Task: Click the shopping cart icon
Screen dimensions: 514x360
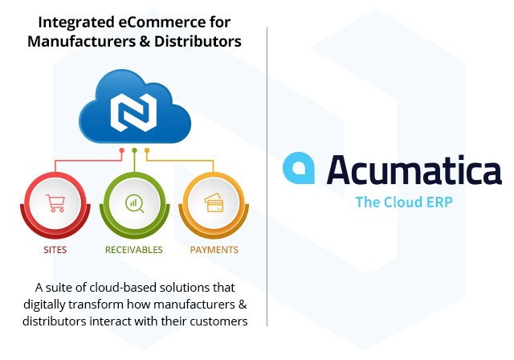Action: coord(55,203)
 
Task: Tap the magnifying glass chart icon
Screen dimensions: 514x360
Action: coord(134,203)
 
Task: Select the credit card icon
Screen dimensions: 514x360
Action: coord(214,203)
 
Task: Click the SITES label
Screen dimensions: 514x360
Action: coord(55,250)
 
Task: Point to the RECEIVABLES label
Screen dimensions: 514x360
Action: coord(134,250)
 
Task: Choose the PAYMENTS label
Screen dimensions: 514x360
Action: coord(214,250)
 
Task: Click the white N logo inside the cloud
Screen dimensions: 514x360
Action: coord(134,112)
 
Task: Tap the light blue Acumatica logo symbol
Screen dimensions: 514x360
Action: coord(299,168)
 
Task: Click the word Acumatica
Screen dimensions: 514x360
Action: coord(414,170)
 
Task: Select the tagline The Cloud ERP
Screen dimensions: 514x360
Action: coord(404,202)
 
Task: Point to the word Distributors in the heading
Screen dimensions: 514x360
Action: coord(198,41)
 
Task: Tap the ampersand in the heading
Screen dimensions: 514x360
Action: coord(143,41)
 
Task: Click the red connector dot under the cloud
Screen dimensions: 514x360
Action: coord(122,150)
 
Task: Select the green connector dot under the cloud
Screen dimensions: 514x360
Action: coord(134,150)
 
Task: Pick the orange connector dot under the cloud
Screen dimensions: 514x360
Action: coord(147,150)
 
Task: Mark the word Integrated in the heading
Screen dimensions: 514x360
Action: coord(76,23)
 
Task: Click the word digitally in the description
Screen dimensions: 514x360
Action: coord(44,305)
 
